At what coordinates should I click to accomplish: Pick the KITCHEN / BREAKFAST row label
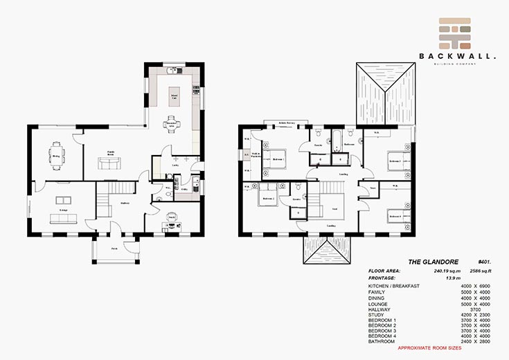tap(395, 286)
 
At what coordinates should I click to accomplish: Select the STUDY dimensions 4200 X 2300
tap(475, 315)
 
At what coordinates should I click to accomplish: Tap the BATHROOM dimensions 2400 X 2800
tap(475, 342)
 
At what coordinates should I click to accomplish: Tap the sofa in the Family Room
tap(107, 163)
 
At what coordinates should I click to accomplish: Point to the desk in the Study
tap(172, 219)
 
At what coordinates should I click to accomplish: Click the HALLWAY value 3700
tap(475, 309)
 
